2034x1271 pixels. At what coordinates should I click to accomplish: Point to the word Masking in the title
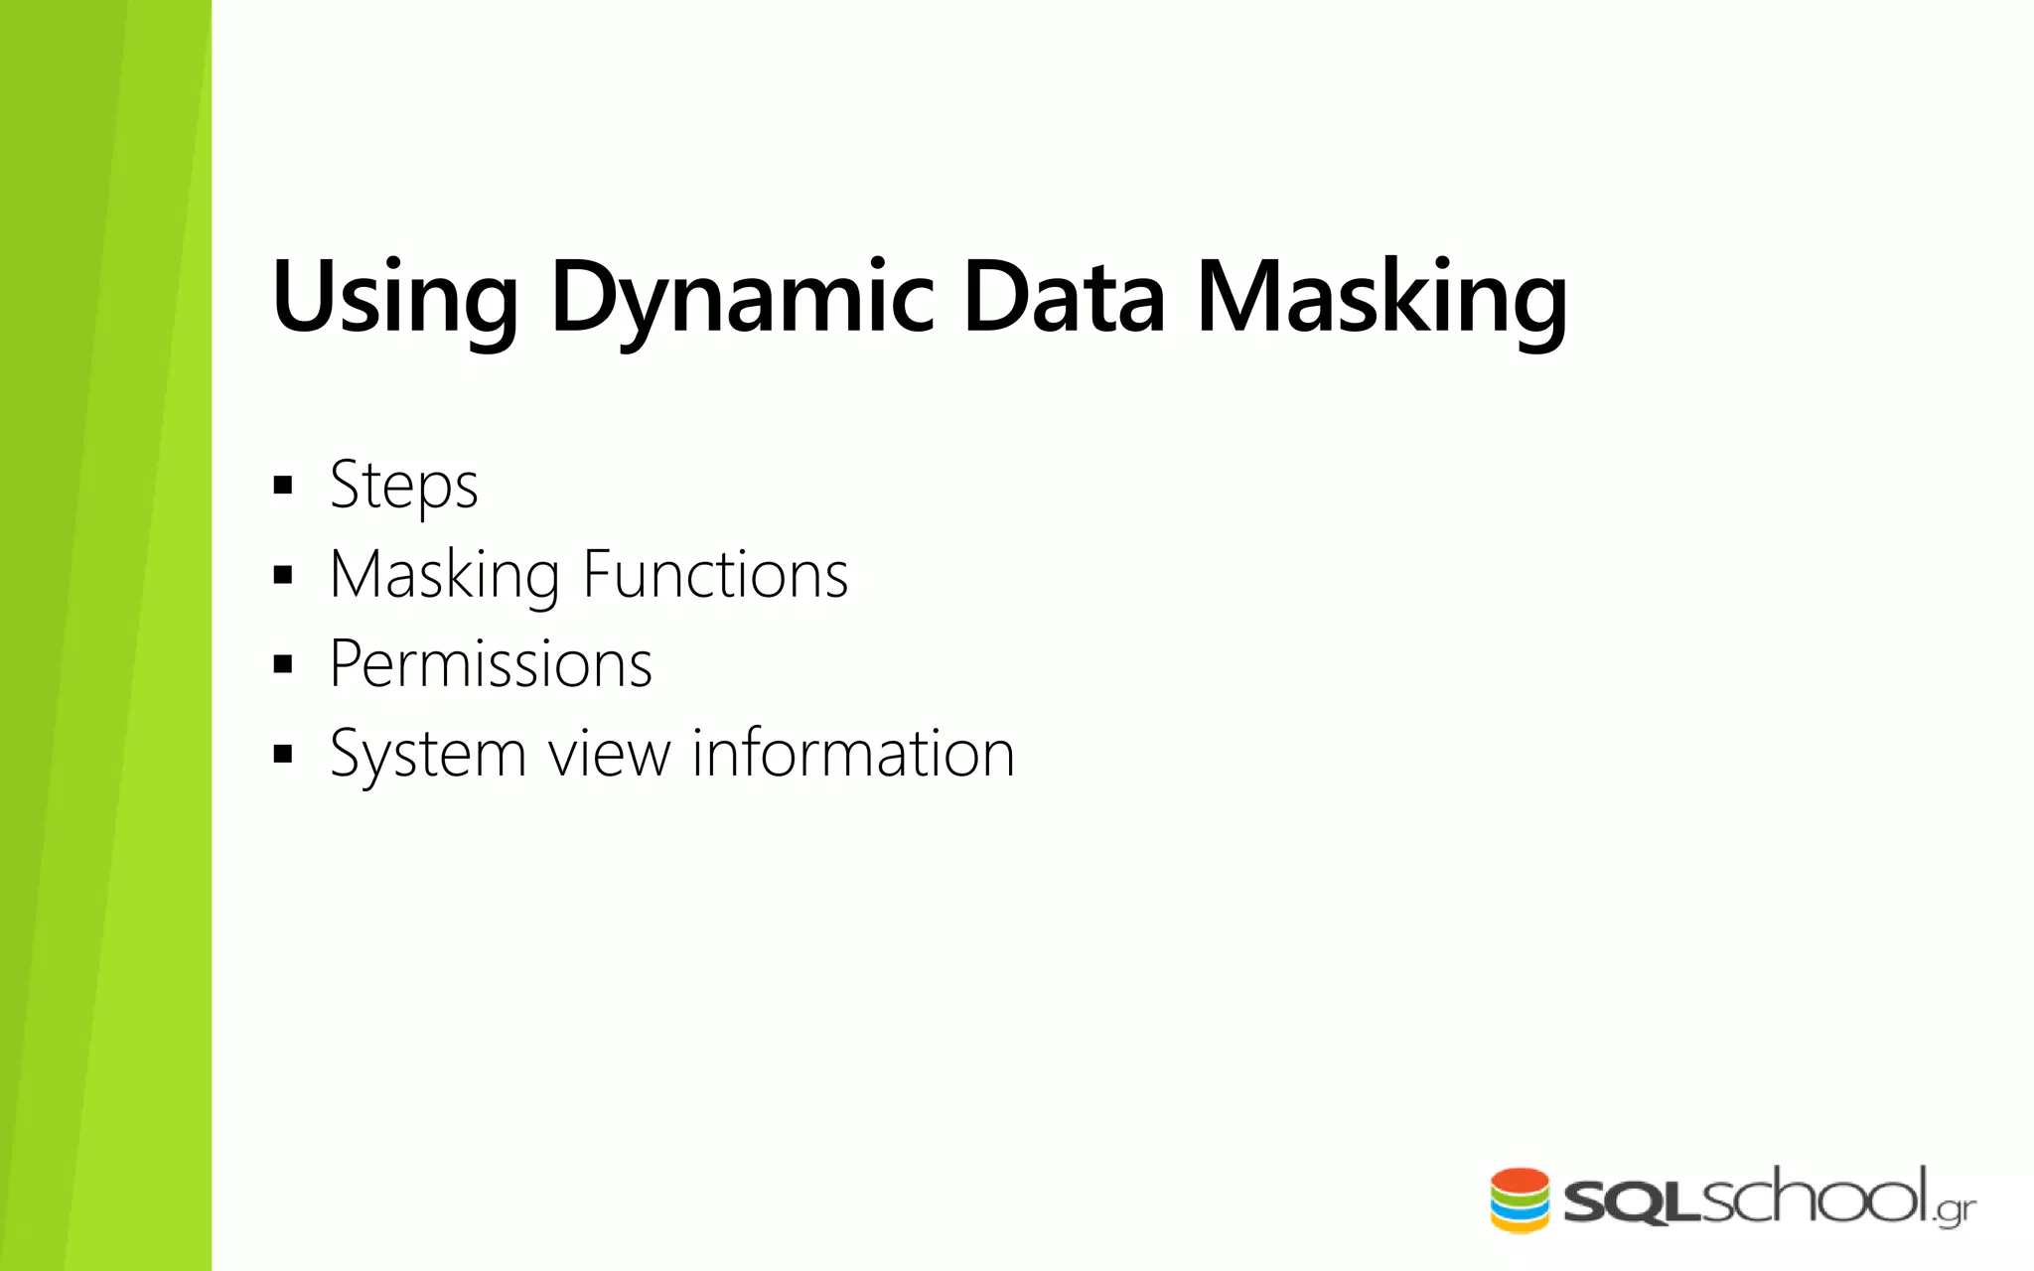(1381, 298)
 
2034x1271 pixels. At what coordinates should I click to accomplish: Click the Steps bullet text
(404, 486)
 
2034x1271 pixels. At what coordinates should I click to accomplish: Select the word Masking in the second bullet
(444, 575)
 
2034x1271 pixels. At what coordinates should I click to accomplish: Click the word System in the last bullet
(427, 755)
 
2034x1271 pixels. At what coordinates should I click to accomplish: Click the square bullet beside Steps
(284, 486)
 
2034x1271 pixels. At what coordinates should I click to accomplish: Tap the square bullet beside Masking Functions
(284, 575)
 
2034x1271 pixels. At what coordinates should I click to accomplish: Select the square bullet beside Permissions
(284, 664)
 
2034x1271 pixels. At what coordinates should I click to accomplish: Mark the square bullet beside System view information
(284, 754)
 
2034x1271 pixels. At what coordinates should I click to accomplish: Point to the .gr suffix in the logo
(1955, 1211)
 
